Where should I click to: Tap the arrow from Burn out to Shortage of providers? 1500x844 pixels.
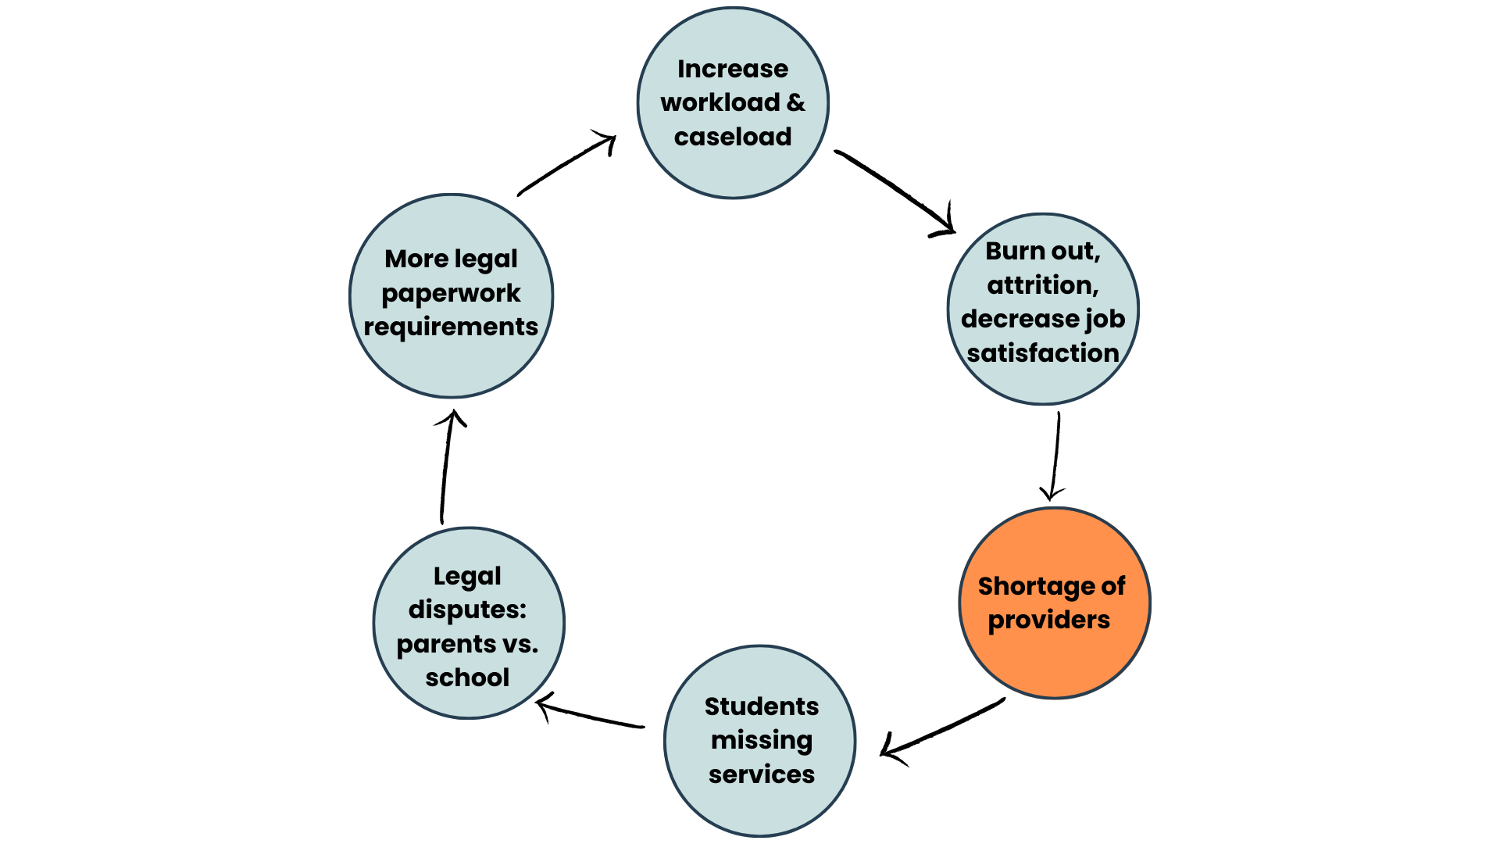click(x=1055, y=456)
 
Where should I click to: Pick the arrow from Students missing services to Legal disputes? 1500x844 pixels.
click(x=591, y=715)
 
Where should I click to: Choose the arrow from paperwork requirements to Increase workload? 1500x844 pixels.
click(x=566, y=165)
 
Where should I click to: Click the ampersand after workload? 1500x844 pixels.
click(x=796, y=102)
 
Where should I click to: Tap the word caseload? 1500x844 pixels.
click(x=733, y=137)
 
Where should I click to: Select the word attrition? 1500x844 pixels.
click(x=1043, y=285)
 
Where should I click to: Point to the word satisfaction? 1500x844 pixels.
click(x=1043, y=353)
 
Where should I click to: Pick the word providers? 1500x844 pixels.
click(x=1048, y=620)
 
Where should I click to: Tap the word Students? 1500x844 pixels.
click(x=762, y=706)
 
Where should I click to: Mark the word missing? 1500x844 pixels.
click(x=762, y=740)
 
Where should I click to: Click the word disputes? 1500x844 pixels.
click(x=467, y=610)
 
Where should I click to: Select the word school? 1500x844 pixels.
click(x=467, y=678)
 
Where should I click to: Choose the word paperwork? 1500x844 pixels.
click(x=451, y=293)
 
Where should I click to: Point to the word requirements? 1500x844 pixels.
click(x=451, y=327)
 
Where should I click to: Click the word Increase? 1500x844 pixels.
click(x=733, y=69)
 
